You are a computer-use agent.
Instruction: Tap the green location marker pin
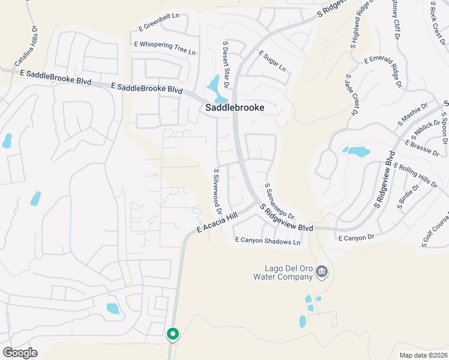click(172, 333)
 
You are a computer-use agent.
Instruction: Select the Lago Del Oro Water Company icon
click(322, 272)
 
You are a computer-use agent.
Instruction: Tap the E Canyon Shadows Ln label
click(267, 241)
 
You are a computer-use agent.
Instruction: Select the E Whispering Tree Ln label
click(165, 45)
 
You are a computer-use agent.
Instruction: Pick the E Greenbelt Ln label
click(160, 28)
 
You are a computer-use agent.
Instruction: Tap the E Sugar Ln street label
click(273, 61)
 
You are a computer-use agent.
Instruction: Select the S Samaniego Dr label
click(279, 202)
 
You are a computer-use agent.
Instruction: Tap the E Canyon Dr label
click(356, 238)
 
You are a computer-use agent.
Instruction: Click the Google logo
click(20, 353)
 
